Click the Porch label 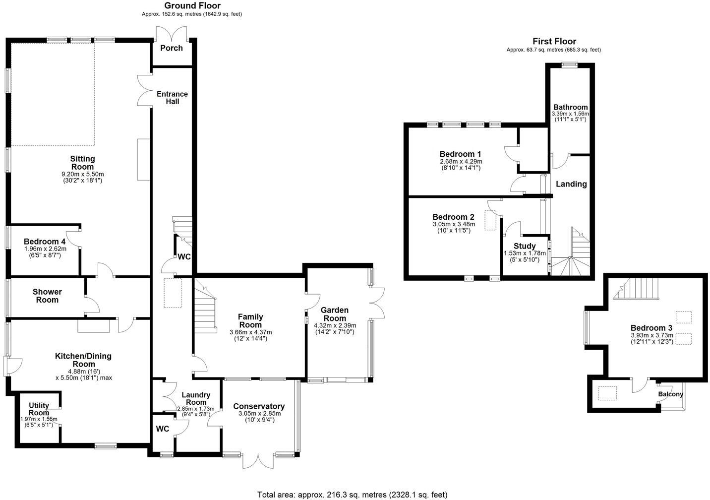[172, 48]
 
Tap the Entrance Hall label [172, 98]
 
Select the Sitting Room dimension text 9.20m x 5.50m [82, 174]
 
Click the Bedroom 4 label [45, 242]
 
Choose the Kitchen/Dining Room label [83, 360]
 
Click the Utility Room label [39, 409]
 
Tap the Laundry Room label [196, 399]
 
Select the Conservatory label [259, 406]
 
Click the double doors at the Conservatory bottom [258, 460]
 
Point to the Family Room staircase [205, 308]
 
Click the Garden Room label [335, 314]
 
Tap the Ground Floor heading [192, 6]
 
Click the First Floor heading [554, 42]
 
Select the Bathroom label [570, 107]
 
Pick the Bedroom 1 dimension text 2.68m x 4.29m [461, 161]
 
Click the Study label [525, 246]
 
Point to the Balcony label [670, 394]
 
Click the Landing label [571, 184]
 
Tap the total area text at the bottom [352, 495]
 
